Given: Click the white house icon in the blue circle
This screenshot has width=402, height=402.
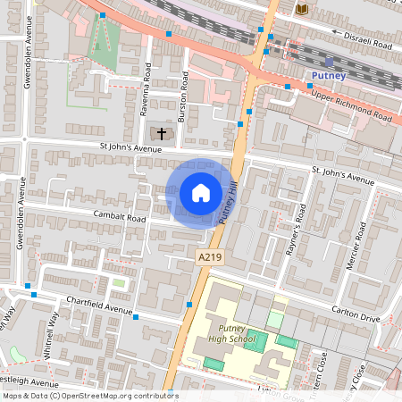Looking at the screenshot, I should tap(201, 192).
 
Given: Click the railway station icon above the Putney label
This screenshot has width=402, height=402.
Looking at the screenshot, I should tap(329, 62).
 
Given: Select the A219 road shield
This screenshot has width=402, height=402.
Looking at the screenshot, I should tap(208, 256).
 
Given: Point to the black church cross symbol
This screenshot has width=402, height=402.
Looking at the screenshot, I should tap(162, 133).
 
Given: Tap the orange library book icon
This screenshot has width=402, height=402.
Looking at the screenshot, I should tap(302, 9).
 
